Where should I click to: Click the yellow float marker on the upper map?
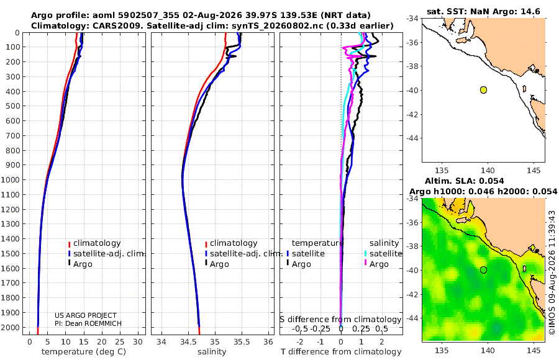(483, 90)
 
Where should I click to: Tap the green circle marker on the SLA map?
(483, 270)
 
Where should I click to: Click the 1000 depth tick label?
(11, 179)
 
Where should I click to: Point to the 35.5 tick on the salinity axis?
(242, 342)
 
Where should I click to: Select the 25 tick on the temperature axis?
(120, 342)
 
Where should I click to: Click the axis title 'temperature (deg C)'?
(84, 352)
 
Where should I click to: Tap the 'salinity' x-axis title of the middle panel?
(212, 352)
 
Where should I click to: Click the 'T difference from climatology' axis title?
(341, 352)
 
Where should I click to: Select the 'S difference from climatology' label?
(340, 319)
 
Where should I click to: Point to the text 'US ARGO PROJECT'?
(86, 315)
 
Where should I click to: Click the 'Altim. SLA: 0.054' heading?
(464, 181)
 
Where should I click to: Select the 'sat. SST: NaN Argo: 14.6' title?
(483, 11)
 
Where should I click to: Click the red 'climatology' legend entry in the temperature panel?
(94, 243)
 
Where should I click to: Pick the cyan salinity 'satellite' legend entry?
(383, 253)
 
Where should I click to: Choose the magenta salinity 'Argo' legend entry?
(376, 264)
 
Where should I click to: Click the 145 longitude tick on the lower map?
(534, 350)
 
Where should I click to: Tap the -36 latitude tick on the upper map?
(413, 42)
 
